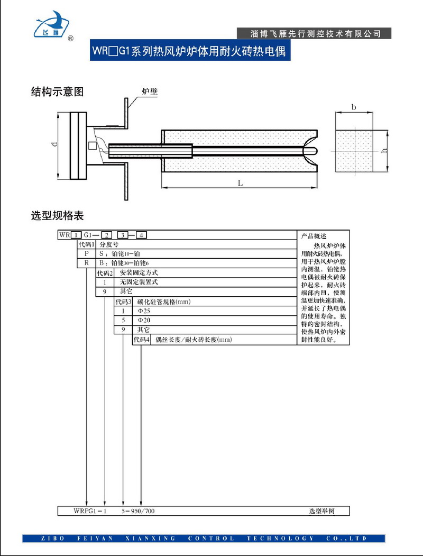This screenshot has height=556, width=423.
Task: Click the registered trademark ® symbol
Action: tap(71, 38)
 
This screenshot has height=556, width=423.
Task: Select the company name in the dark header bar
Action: tap(316, 33)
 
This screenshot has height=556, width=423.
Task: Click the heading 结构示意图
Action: tap(58, 92)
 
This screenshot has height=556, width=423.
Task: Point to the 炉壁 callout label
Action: tap(150, 92)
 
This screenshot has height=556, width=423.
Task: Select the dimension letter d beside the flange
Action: tap(54, 145)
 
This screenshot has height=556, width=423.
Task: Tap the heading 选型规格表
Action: tap(58, 216)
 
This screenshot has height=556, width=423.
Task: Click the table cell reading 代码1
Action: tap(86, 244)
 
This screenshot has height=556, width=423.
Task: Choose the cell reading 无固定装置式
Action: tap(139, 282)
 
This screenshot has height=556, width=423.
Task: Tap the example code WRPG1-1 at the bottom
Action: tap(90, 511)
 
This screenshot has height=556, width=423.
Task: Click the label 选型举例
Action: tap(322, 511)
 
